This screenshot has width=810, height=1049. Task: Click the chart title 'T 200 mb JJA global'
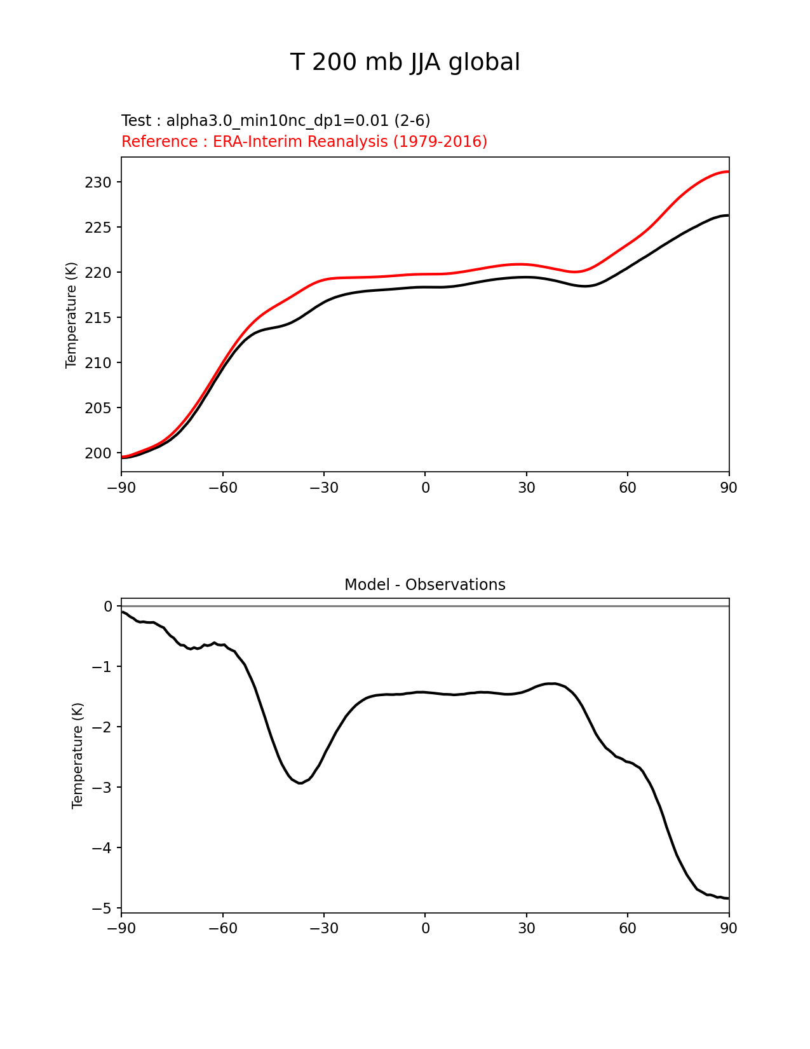point(405,62)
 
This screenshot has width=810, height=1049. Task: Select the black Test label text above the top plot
point(276,121)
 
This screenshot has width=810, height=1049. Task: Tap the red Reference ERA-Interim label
point(304,142)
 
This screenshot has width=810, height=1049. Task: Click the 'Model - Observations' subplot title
point(424,585)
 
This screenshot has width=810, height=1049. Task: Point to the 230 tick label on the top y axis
point(98,182)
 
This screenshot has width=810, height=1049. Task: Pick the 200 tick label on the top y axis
point(98,453)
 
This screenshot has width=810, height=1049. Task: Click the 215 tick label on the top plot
point(98,318)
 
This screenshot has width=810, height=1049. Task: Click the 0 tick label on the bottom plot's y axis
point(108,607)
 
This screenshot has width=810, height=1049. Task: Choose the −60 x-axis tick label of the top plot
point(222,488)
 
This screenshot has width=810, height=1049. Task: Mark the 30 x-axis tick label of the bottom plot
point(526,929)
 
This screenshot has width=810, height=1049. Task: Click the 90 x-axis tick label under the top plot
point(729,488)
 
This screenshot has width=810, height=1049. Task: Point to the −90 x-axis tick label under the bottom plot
point(121,929)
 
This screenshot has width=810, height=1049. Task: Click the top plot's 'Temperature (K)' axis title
point(71,315)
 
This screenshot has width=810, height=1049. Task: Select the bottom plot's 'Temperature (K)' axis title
point(78,755)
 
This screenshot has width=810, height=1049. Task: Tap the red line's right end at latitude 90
point(728,172)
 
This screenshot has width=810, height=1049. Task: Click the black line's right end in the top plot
point(728,216)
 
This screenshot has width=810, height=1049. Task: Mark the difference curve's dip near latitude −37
point(300,783)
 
